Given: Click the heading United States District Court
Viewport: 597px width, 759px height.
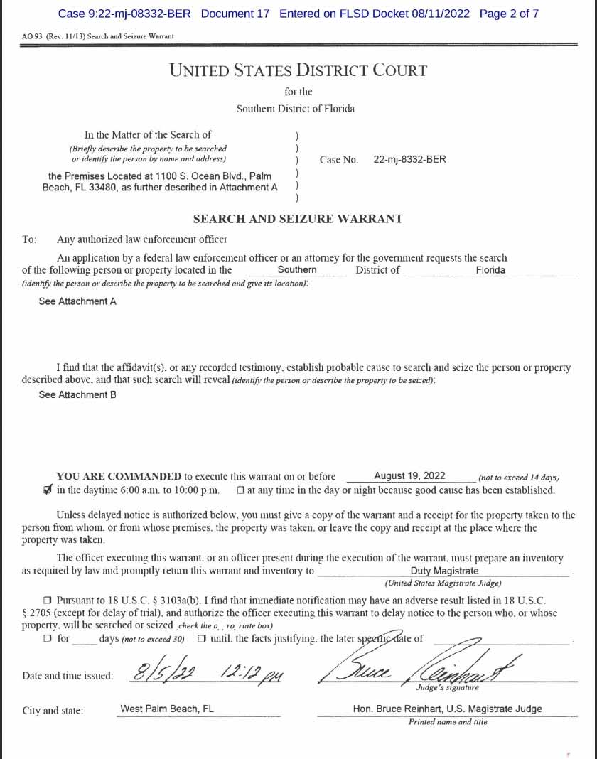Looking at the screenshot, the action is [x=298, y=70].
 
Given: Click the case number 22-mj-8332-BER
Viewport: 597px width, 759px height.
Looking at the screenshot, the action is [x=409, y=160].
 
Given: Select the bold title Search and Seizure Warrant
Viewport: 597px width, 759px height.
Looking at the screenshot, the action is [x=298, y=219].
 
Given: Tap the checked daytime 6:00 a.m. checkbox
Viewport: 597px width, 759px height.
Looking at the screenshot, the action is [x=48, y=490].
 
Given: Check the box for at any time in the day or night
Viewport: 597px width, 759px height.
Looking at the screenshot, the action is [x=241, y=490].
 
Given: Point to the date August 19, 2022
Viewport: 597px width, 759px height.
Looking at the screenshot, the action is [x=409, y=476].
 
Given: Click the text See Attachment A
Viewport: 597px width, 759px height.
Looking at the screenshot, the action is [x=77, y=301].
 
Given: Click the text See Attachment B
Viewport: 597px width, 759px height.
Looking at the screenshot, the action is [x=77, y=394].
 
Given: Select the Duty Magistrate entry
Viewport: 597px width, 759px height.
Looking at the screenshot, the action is [x=444, y=571].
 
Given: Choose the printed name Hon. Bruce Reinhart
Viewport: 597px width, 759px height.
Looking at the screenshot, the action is [x=447, y=709].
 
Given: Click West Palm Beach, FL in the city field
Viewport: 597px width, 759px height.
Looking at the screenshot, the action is [x=167, y=709].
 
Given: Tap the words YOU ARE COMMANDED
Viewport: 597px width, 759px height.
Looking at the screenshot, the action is [x=119, y=476].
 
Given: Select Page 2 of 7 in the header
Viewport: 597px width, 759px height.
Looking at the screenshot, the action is [x=509, y=14].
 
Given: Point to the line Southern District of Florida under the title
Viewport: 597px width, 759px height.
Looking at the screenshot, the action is [x=296, y=109].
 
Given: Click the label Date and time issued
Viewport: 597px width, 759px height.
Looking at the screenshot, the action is [x=68, y=676].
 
